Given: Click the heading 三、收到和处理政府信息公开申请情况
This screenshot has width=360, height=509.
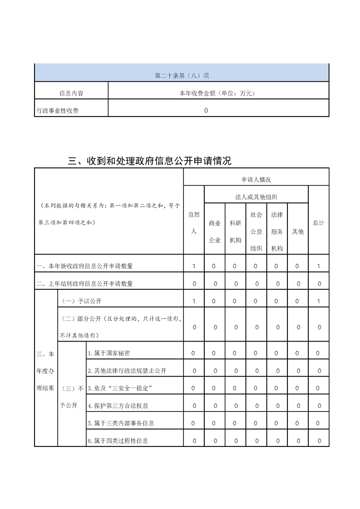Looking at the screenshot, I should click(x=149, y=161).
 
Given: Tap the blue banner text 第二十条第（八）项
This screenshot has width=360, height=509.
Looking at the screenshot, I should click(x=182, y=75).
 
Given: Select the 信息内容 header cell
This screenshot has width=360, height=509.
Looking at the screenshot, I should click(x=71, y=93).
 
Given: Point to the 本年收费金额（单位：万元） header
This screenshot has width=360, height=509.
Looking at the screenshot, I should click(x=218, y=93).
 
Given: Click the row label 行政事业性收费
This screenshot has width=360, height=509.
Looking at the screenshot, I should click(x=57, y=110).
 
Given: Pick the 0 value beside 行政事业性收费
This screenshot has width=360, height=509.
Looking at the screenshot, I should click(x=206, y=110).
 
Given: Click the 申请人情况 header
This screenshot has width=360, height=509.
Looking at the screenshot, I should click(x=256, y=180).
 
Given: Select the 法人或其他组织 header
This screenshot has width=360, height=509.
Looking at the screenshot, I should click(x=256, y=197).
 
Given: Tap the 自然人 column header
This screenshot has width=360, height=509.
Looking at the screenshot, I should click(x=194, y=223).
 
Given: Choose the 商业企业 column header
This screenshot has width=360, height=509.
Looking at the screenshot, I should click(x=215, y=231).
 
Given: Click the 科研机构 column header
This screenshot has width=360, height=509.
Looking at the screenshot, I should click(x=235, y=231).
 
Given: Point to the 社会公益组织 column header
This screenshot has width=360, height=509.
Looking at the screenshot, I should click(x=256, y=231).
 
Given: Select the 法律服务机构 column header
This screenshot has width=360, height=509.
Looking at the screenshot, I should click(x=276, y=231).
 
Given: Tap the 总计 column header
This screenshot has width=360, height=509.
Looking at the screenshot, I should click(x=319, y=223).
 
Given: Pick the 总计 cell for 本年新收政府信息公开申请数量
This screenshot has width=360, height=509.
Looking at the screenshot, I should click(x=319, y=266).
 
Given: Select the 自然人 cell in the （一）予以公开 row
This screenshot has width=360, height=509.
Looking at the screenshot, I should click(x=194, y=301).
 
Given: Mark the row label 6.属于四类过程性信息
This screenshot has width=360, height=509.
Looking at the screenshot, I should click(x=118, y=440).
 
